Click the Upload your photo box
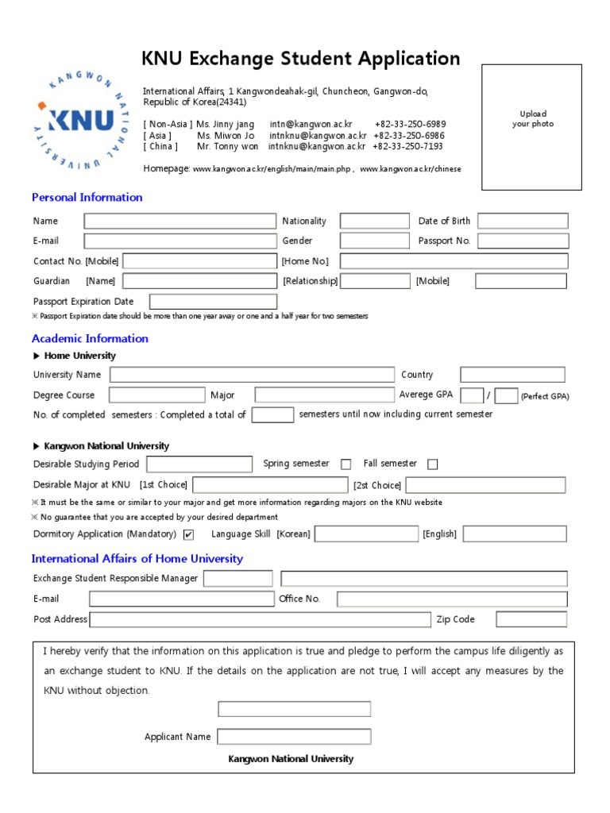pyautogui.click(x=531, y=127)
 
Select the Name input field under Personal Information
pyautogui.click(x=180, y=221)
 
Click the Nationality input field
pyautogui.click(x=374, y=221)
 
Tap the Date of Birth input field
pyautogui.click(x=523, y=221)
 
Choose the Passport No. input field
pyautogui.click(x=523, y=241)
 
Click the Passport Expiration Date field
pyautogui.click(x=213, y=302)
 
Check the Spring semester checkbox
pyautogui.click(x=346, y=464)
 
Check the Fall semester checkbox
pyautogui.click(x=432, y=464)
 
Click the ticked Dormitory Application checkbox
pyautogui.click(x=188, y=534)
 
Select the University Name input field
pyautogui.click(x=252, y=375)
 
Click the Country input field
pyautogui.click(x=512, y=375)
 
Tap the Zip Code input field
pyautogui.click(x=531, y=619)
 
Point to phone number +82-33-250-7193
pyautogui.click(x=407, y=146)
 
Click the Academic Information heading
pyautogui.click(x=90, y=338)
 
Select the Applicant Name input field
pyautogui.click(x=294, y=737)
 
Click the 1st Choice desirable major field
pyautogui.click(x=270, y=485)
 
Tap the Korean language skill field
pyautogui.click(x=366, y=534)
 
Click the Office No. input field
pyautogui.click(x=452, y=599)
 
